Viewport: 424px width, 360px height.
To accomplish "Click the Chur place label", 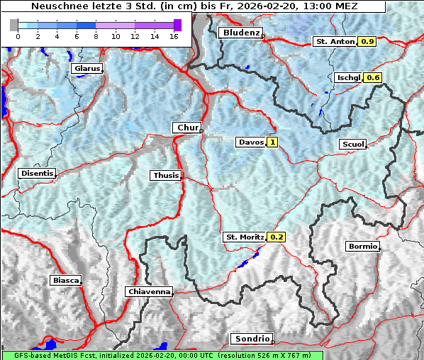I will [x=187, y=128].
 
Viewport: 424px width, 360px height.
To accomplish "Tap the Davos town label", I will [x=251, y=142].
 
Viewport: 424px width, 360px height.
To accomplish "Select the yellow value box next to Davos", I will [x=272, y=142].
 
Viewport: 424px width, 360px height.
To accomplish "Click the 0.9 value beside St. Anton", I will [x=367, y=42].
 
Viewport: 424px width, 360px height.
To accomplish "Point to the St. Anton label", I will [x=334, y=42].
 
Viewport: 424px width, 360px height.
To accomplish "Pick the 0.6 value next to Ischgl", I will [x=374, y=77].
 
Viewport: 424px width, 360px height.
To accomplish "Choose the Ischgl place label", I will [x=348, y=77].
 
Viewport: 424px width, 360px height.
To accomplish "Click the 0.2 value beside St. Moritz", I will [x=277, y=237].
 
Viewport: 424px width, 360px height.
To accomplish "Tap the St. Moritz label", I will [x=244, y=237].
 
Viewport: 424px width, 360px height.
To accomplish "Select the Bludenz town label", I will [x=240, y=33].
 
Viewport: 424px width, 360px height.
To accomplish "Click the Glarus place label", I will [x=86, y=69].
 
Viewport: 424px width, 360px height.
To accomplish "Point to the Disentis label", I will [x=36, y=173].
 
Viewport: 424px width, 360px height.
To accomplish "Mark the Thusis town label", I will [x=165, y=175].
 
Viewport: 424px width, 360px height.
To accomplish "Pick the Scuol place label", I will [x=352, y=144].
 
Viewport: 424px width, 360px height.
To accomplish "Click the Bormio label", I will [x=362, y=247].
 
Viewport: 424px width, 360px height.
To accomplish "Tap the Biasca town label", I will [x=65, y=280].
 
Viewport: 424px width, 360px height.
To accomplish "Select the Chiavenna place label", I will [x=149, y=291].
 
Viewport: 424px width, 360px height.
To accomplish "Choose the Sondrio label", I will [x=251, y=339].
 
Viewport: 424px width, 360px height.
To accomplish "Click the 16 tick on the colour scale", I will [x=174, y=35].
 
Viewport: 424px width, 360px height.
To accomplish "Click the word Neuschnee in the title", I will [x=56, y=6].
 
